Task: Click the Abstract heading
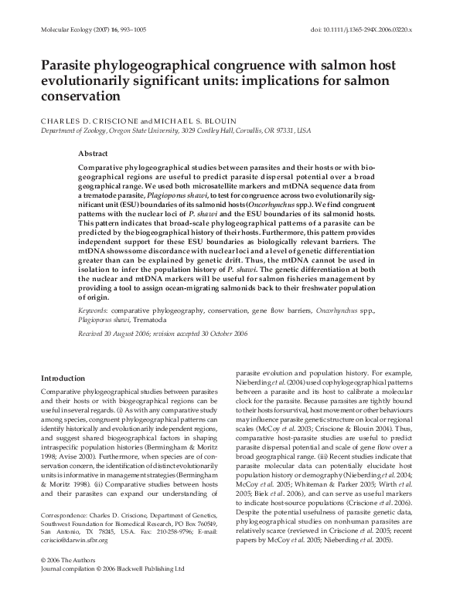94,154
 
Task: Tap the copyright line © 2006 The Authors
69,581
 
